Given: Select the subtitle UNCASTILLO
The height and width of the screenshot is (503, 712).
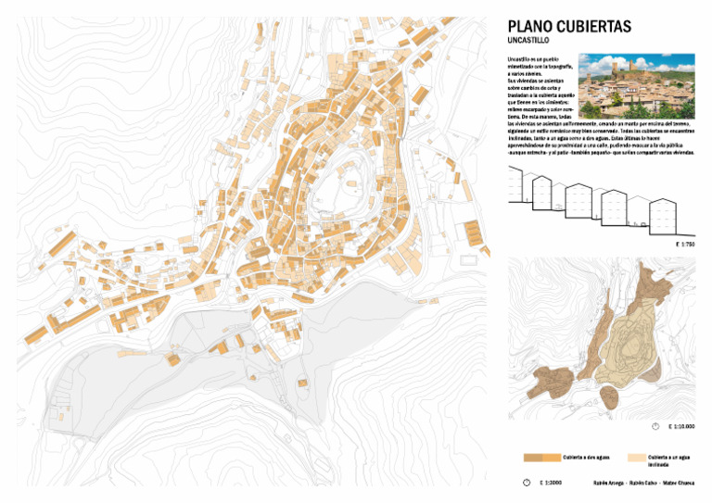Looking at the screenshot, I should tap(529, 42).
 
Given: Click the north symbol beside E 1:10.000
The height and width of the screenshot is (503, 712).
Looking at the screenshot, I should tap(655, 426).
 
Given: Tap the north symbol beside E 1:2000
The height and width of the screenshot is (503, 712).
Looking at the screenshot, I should tap(527, 483).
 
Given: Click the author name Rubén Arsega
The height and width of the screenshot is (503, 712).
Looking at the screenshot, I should tap(609, 483).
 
